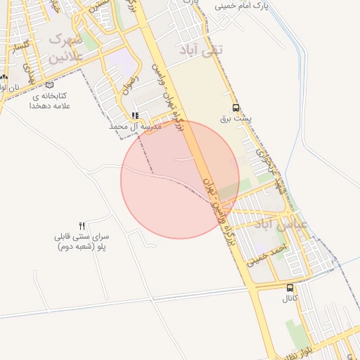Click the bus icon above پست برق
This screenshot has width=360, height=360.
[236, 108]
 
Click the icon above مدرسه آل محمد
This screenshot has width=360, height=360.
[134, 116]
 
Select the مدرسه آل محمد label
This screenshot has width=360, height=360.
[135, 127]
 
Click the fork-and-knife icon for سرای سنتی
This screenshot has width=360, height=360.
[82, 226]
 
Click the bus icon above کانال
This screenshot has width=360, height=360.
[290, 288]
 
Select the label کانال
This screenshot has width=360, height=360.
[290, 299]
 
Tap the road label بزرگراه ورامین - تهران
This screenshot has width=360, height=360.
[218, 211]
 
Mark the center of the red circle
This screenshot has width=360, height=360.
[180, 179]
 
